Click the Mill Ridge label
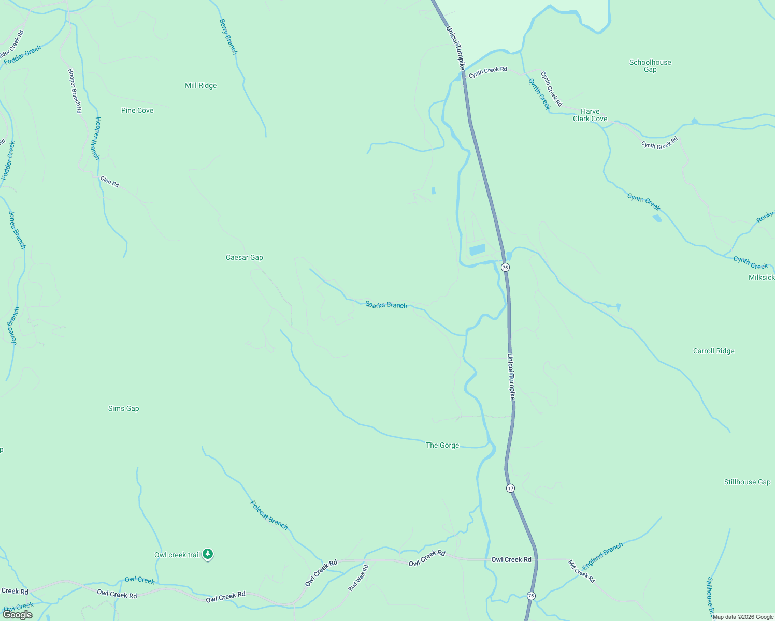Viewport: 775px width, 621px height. (200, 85)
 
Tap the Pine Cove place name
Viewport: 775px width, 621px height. (137, 110)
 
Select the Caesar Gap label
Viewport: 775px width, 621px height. (245, 257)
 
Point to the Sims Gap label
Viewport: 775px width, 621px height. (123, 408)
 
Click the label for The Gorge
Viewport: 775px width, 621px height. (442, 445)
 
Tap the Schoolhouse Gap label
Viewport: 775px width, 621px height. (650, 66)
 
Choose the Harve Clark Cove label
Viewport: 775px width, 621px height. (590, 115)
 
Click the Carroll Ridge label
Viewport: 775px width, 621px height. (713, 351)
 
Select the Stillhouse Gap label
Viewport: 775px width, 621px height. (747, 482)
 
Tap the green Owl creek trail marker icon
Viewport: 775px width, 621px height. (208, 554)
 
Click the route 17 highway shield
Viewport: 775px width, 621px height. (511, 488)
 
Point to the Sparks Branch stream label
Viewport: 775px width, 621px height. (386, 305)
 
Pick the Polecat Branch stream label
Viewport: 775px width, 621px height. (269, 515)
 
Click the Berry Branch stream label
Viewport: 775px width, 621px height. (228, 37)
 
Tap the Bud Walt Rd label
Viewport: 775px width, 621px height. (358, 578)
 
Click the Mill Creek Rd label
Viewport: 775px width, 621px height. (581, 571)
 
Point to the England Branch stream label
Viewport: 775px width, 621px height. (602, 556)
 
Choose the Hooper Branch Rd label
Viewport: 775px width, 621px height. (75, 91)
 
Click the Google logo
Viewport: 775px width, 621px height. (18, 615)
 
